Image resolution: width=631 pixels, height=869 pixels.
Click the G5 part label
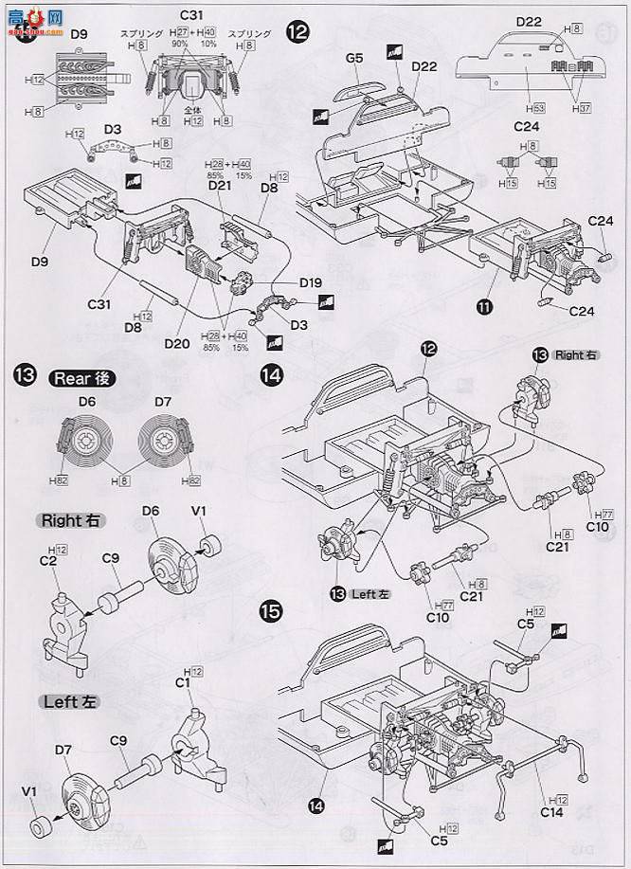pos(354,58)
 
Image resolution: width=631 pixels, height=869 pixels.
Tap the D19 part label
pos(311,281)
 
